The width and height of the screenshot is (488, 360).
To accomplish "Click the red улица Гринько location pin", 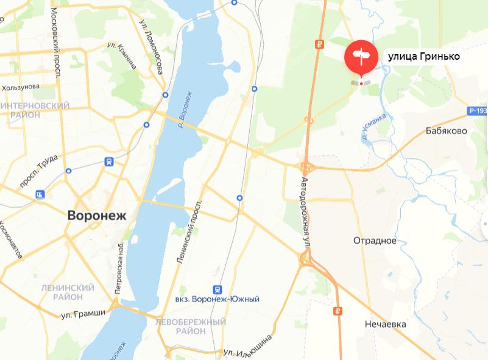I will point(361,56).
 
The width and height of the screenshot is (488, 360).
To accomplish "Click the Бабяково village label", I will point(446,130).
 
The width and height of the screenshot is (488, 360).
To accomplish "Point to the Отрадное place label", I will point(375,241).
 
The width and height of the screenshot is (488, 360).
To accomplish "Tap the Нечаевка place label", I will point(385,324).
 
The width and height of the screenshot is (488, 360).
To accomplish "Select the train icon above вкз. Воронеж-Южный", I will point(216,289).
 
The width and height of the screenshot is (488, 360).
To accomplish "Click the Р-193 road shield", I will point(478,111).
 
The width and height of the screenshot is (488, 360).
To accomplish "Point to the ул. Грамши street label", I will point(83,314).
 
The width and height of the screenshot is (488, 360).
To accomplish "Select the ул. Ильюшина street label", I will point(246,347).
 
